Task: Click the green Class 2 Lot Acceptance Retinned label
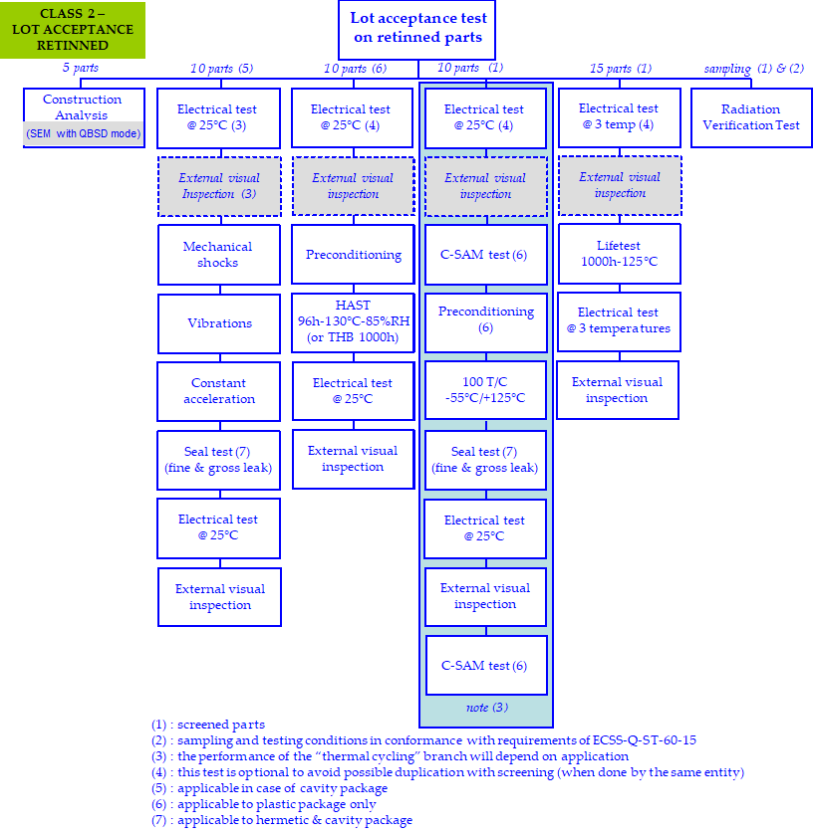pyautogui.click(x=73, y=29)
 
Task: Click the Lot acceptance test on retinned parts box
pyautogui.click(x=417, y=29)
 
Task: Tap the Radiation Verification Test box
pyautogui.click(x=751, y=117)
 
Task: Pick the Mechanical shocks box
pyautogui.click(x=218, y=255)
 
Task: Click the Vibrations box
pyautogui.click(x=219, y=323)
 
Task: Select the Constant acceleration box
pyautogui.click(x=218, y=391)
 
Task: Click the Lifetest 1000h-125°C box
pyautogui.click(x=619, y=254)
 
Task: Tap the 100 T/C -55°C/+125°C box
pyautogui.click(x=485, y=391)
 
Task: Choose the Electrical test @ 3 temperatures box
pyautogui.click(x=619, y=320)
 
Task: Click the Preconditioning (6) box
pyautogui.click(x=485, y=320)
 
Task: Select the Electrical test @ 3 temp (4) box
pyautogui.click(x=619, y=116)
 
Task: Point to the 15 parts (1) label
pyautogui.click(x=620, y=69)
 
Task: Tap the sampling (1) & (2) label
pyautogui.click(x=753, y=69)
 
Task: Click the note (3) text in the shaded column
pyautogui.click(x=486, y=708)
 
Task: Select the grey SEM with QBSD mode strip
pyautogui.click(x=83, y=133)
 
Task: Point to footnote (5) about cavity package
pyautogui.click(x=269, y=788)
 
